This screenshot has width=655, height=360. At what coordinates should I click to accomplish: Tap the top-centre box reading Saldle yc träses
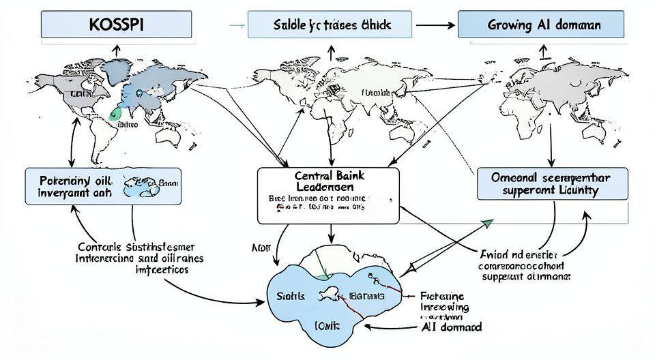pos(330,25)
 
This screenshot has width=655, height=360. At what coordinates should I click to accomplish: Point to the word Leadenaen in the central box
pos(327,186)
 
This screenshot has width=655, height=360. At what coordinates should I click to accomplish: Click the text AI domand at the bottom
pos(450,327)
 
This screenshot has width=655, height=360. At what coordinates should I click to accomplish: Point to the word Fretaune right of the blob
pos(442,297)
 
